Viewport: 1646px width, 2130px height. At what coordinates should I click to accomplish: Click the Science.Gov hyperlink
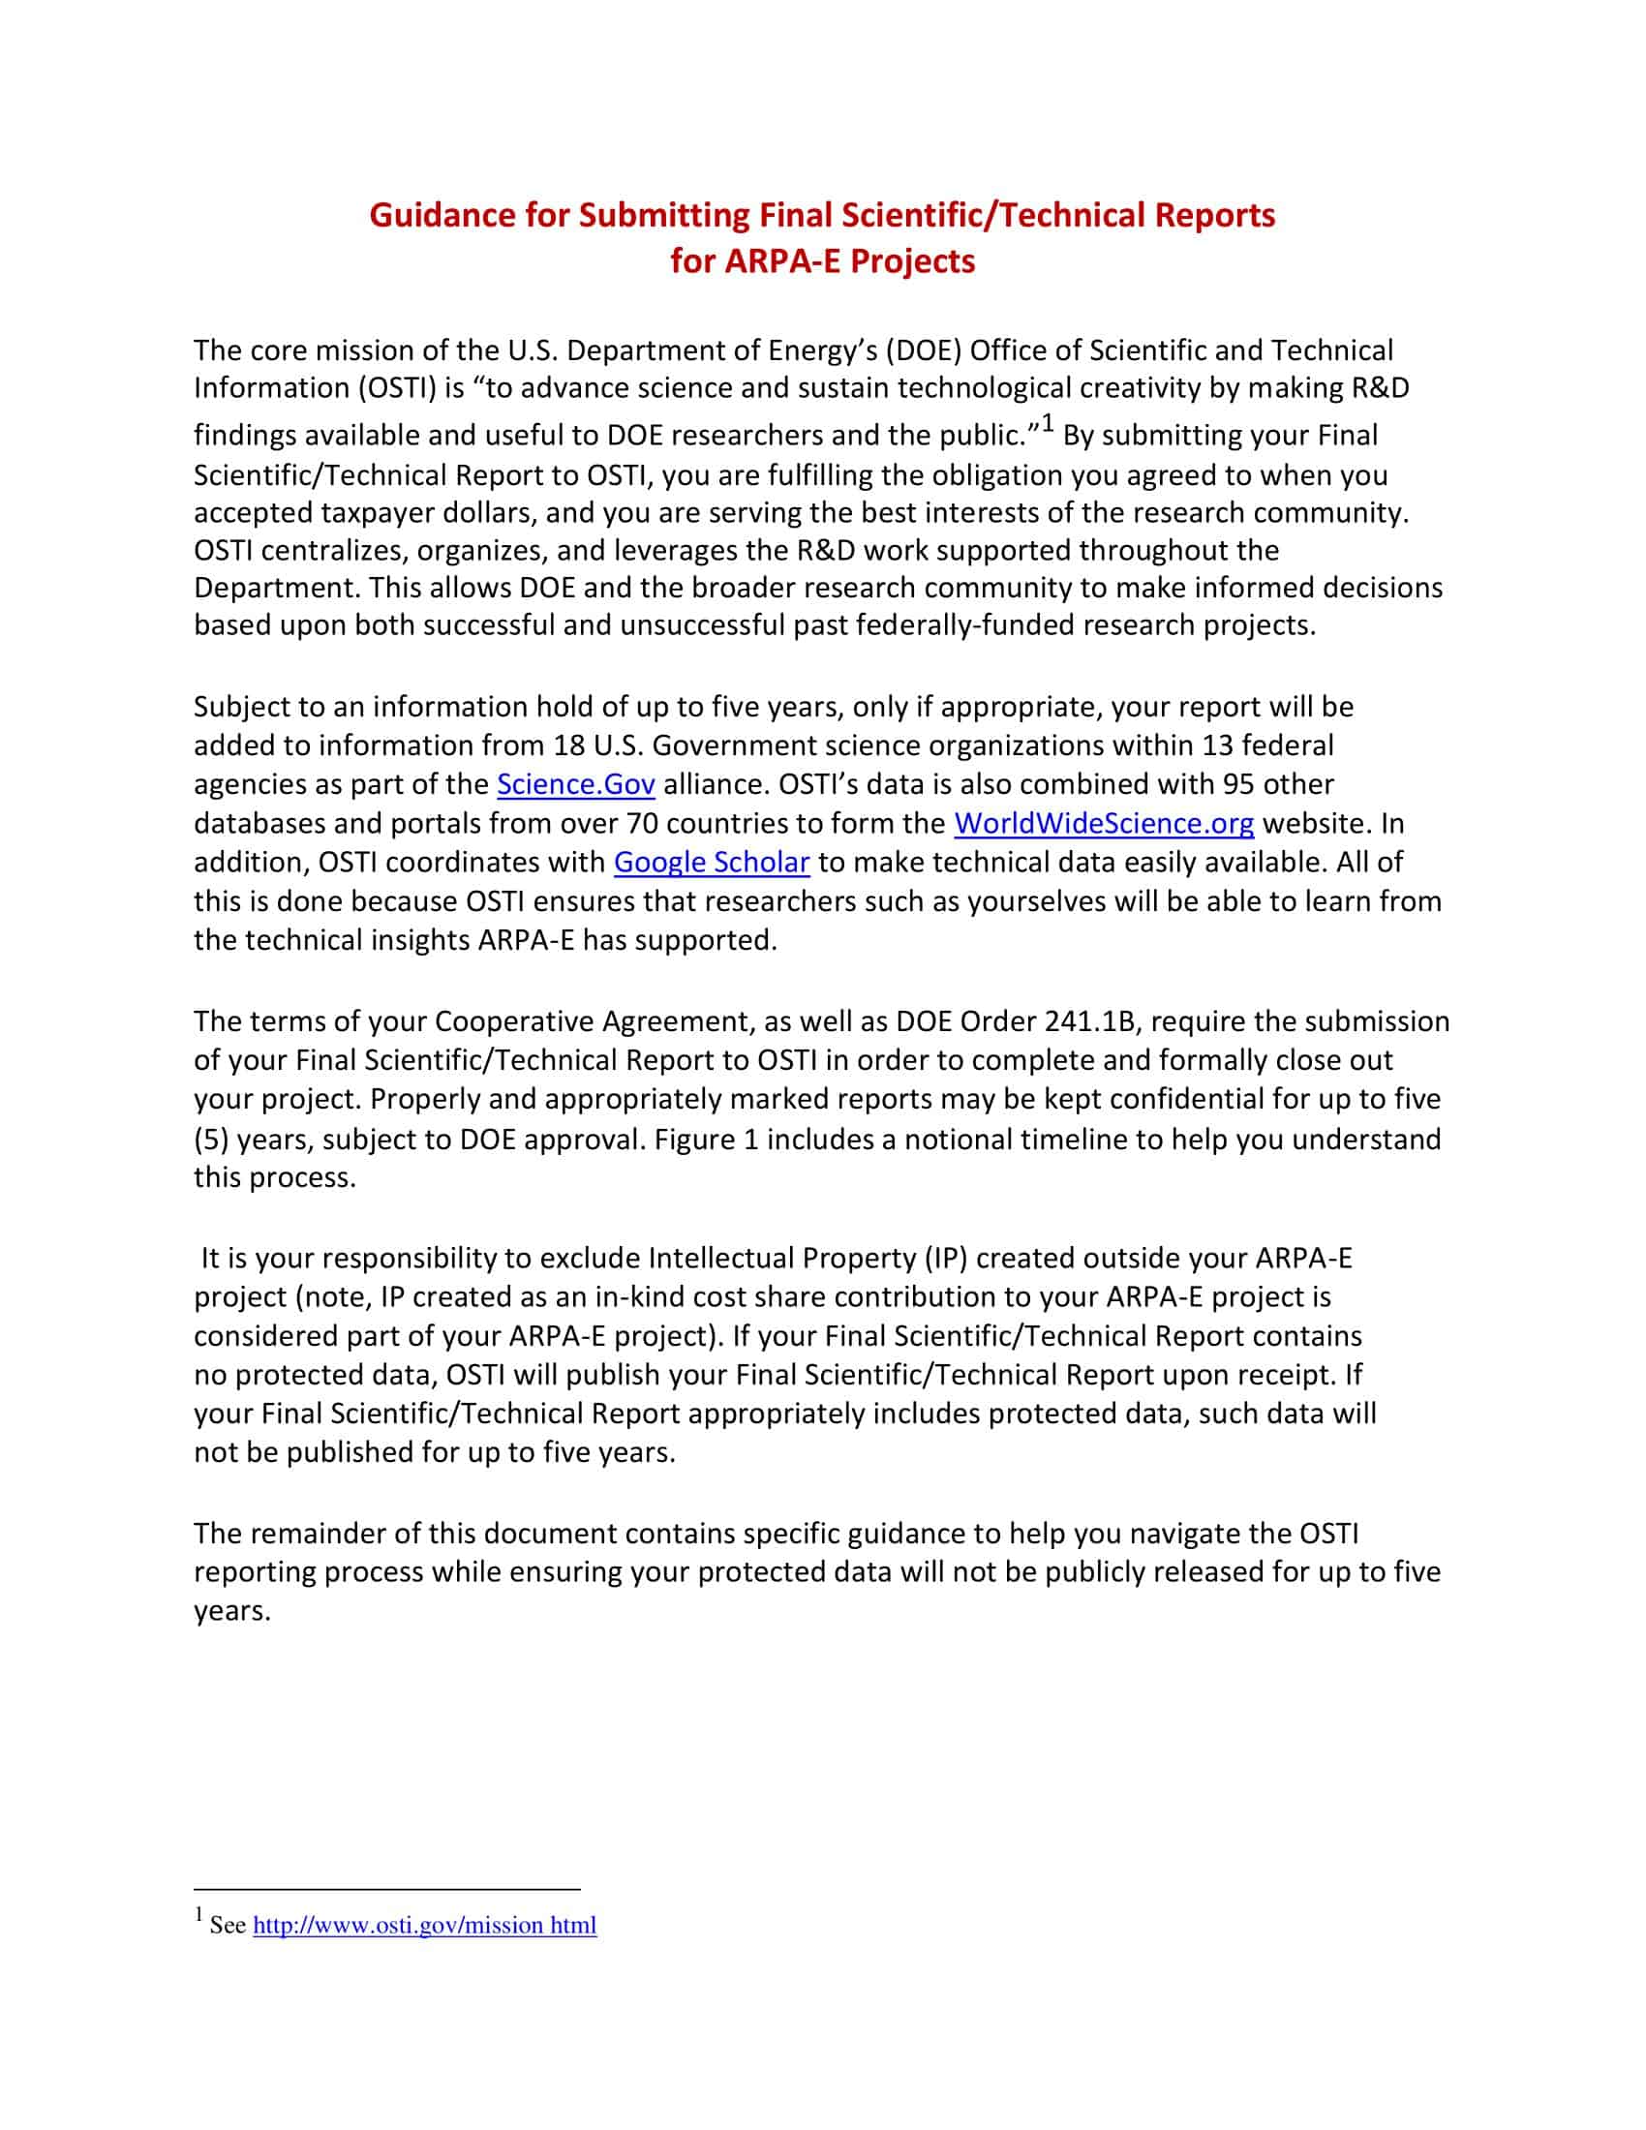coord(575,785)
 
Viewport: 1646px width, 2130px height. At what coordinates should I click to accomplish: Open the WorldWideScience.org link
coord(1103,824)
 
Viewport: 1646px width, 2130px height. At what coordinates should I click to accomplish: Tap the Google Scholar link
coord(711,863)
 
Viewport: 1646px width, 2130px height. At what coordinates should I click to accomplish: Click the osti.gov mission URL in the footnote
coord(424,1924)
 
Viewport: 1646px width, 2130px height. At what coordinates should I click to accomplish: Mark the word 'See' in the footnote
coord(228,1924)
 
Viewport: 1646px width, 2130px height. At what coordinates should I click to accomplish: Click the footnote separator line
coord(387,1889)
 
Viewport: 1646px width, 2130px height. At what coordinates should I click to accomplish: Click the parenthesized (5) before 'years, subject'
coord(211,1140)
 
